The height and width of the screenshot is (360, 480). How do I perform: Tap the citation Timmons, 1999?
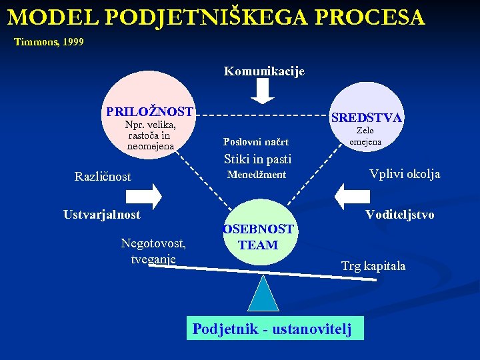click(49, 42)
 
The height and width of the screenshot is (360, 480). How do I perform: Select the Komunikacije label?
click(264, 71)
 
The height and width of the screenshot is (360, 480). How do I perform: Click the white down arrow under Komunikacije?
click(264, 92)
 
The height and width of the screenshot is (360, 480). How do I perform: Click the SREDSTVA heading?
click(366, 117)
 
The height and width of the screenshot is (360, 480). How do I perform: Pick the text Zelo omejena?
click(365, 136)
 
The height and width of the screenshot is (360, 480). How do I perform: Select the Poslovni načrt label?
click(256, 141)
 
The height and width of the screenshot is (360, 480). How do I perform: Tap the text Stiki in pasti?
click(258, 159)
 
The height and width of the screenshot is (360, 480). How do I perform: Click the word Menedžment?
click(257, 175)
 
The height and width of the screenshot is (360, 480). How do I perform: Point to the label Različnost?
click(103, 177)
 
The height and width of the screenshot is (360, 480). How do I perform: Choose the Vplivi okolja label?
click(405, 174)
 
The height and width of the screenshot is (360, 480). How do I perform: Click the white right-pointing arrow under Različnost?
click(143, 195)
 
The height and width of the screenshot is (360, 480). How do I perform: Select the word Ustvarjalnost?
click(102, 215)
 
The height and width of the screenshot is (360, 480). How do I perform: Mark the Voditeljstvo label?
click(399, 215)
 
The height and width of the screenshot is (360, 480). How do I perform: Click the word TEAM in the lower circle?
click(258, 245)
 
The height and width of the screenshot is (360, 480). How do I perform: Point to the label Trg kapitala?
click(373, 266)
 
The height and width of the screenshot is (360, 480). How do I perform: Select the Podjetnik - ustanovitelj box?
click(275, 329)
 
